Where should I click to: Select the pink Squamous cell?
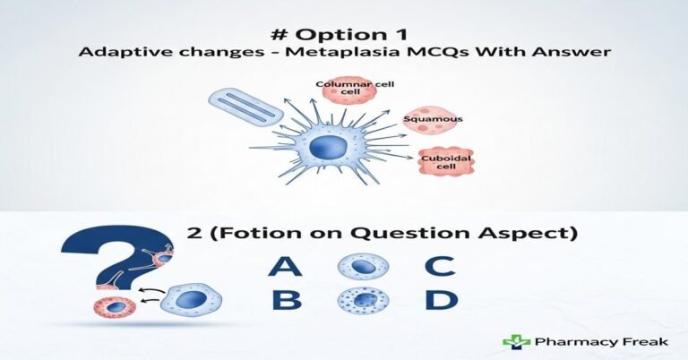pos(427,119)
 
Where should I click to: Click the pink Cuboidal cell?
pos(445,162)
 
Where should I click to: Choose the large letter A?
pos(284,265)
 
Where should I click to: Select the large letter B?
pos(286,300)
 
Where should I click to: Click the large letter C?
pos(440,265)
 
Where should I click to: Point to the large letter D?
pos(440,300)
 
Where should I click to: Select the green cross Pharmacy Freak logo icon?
pos(515,341)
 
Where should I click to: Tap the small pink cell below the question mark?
pos(115,307)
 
